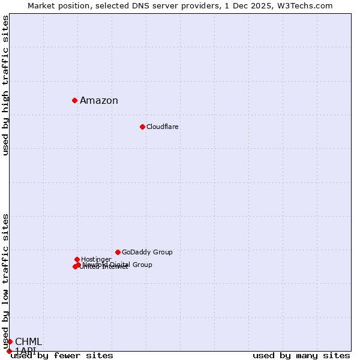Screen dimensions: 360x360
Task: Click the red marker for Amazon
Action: (74, 100)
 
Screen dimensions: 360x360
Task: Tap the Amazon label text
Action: (99, 101)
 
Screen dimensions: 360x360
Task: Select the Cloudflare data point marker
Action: (142, 127)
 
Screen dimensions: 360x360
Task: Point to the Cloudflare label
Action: (163, 127)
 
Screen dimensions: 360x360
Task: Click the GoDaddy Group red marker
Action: (118, 252)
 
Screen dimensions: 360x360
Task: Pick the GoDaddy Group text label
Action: (147, 253)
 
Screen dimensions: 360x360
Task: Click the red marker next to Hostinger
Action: (77, 259)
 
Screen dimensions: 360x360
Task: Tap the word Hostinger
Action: (96, 260)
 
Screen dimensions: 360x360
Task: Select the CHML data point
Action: (10, 341)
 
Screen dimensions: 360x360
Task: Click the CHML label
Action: (28, 342)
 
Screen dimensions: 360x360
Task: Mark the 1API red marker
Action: (9, 351)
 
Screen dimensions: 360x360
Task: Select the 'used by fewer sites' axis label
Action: (62, 356)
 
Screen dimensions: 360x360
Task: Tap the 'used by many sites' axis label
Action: (301, 356)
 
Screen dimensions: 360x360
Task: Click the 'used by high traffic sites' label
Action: (6, 85)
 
